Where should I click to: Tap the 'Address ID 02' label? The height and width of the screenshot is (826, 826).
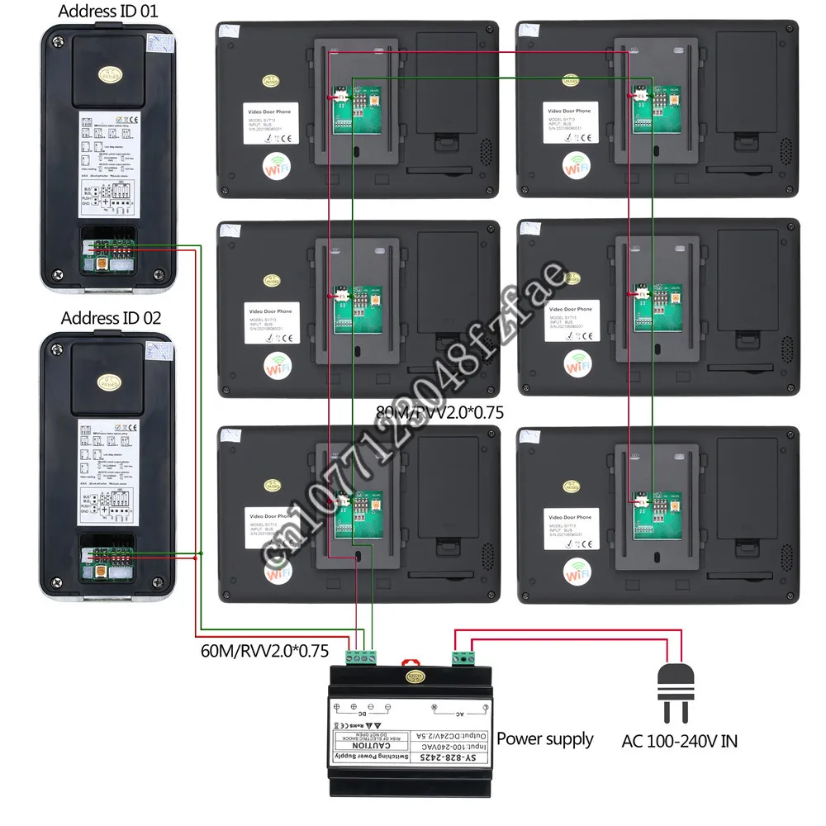pyautogui.click(x=111, y=317)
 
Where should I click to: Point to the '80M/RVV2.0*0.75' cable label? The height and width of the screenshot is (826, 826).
pyautogui.click(x=439, y=411)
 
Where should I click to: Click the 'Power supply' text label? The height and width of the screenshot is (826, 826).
pyautogui.click(x=544, y=738)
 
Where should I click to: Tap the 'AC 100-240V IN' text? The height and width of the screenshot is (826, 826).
pyautogui.click(x=680, y=740)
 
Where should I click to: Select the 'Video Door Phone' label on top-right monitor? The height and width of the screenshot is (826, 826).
pyautogui.click(x=572, y=111)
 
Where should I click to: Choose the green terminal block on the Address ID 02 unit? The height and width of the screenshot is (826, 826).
pyautogui.click(x=108, y=555)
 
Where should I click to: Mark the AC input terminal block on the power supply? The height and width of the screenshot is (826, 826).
pyautogui.click(x=462, y=657)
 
